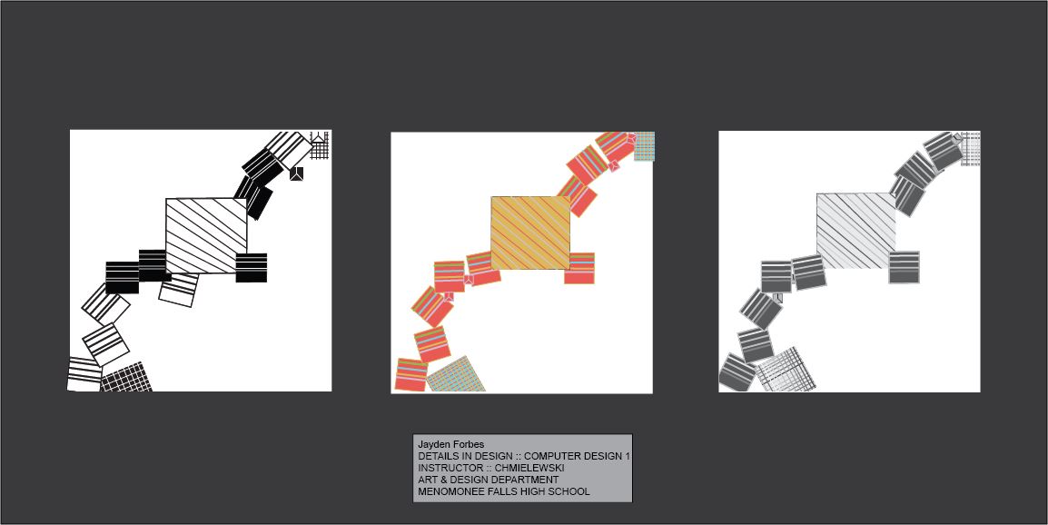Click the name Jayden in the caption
(x=433, y=445)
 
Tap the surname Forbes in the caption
(x=468, y=445)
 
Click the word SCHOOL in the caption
(x=568, y=491)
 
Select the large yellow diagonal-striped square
(x=530, y=233)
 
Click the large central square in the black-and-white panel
(x=206, y=235)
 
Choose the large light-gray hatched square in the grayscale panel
(x=856, y=231)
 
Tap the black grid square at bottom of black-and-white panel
(x=126, y=378)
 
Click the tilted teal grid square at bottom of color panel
(x=455, y=374)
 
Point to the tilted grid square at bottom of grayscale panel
(x=786, y=370)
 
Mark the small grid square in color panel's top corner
(x=644, y=146)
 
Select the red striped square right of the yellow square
(x=579, y=268)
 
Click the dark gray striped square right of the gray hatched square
(x=905, y=268)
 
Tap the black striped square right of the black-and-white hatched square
(x=252, y=268)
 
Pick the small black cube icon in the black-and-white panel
(x=297, y=173)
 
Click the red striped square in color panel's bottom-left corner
(x=411, y=375)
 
